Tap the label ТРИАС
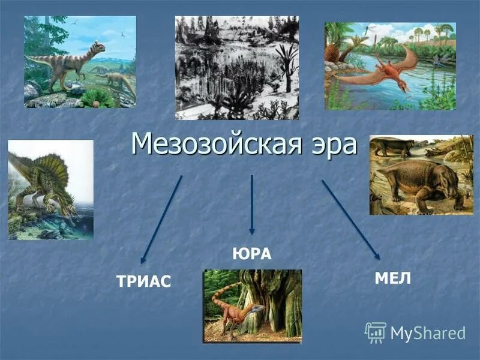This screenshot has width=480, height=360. [x=144, y=280]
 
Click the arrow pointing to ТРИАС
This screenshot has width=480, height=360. [x=161, y=219]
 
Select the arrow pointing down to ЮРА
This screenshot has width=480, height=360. [x=252, y=204]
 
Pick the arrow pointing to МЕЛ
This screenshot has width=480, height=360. [x=351, y=220]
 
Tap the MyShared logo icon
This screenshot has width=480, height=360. [x=376, y=332]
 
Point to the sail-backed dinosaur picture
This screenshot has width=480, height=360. [x=50, y=190]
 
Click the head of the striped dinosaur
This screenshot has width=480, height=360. [x=97, y=47]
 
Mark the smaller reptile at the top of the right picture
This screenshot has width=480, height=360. [x=393, y=146]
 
